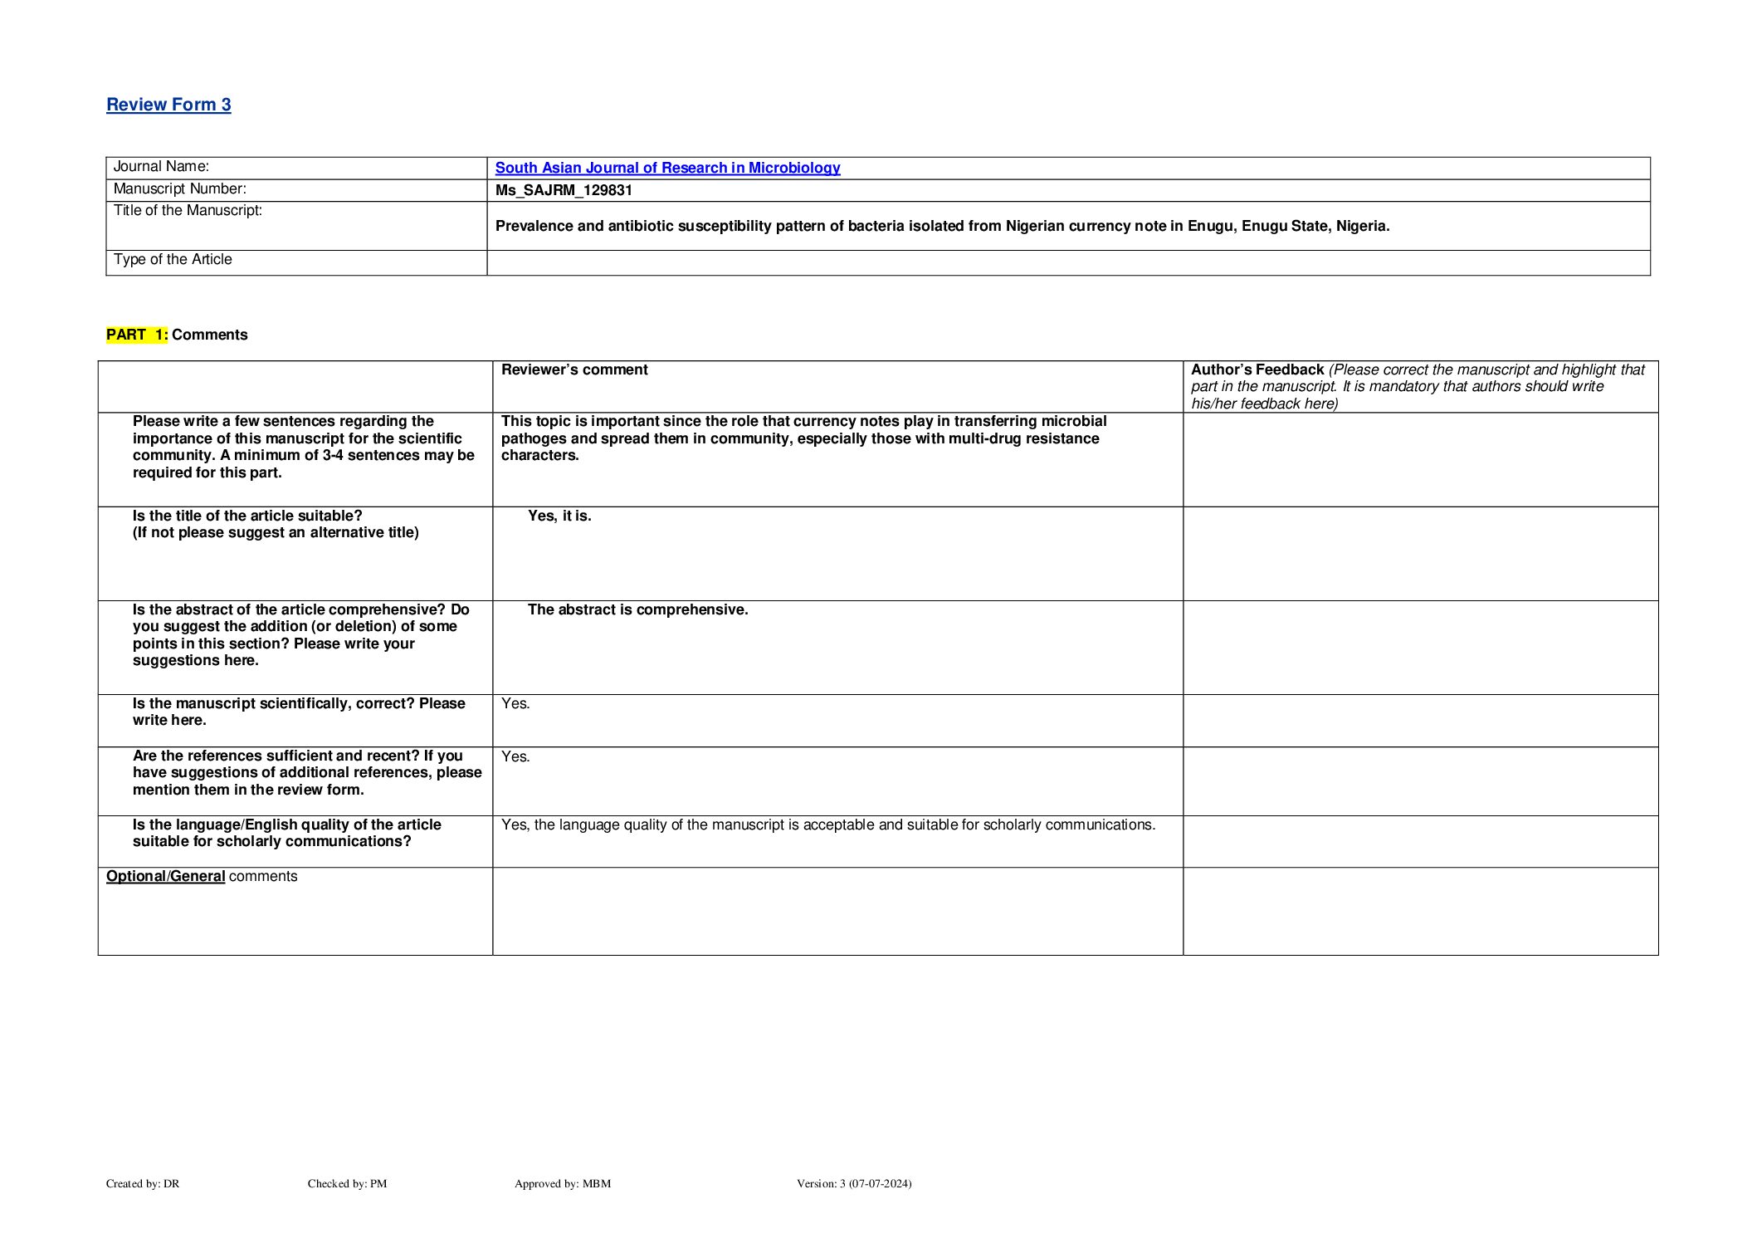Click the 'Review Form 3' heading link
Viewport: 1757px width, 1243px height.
click(x=168, y=105)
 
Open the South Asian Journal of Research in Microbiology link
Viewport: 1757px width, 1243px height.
click(x=667, y=168)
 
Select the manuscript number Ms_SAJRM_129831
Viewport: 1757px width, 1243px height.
click(x=564, y=190)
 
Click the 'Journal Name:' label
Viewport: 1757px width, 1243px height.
click(x=161, y=167)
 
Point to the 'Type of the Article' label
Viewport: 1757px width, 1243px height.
click(x=173, y=260)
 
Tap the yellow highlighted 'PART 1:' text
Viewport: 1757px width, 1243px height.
click(x=137, y=335)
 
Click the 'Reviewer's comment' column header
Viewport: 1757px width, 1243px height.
click(x=574, y=369)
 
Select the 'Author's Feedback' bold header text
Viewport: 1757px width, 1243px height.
click(x=1257, y=369)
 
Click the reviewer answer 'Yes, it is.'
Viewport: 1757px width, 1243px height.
click(x=559, y=516)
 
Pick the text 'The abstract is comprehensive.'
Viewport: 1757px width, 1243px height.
click(x=637, y=609)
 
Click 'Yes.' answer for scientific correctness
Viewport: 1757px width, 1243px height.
click(x=515, y=704)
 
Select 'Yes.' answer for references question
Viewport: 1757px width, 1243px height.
click(x=515, y=756)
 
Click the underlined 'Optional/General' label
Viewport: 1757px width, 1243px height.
click(x=165, y=876)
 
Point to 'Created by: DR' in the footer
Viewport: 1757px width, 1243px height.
click(x=143, y=1183)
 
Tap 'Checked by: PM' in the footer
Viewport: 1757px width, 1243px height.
click(x=347, y=1183)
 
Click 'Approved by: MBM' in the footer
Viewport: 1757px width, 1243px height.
click(x=562, y=1183)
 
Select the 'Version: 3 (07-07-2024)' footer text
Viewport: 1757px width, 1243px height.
click(x=853, y=1183)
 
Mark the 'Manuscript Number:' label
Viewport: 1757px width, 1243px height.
click(x=179, y=189)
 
